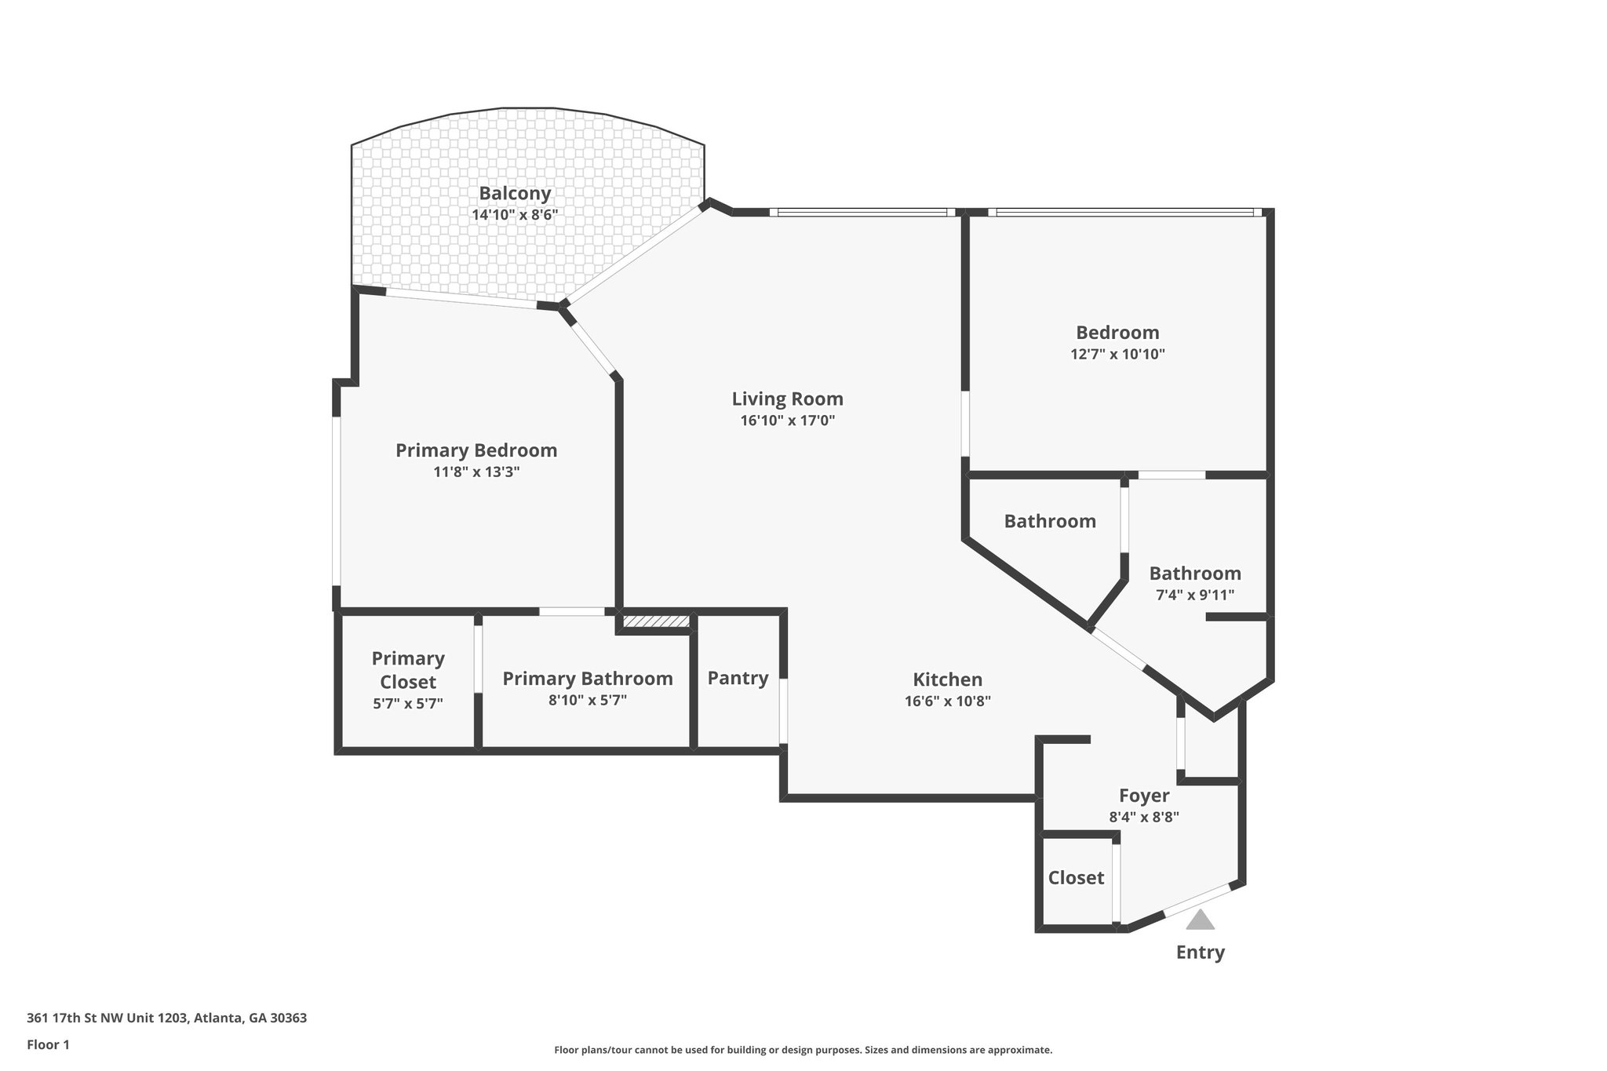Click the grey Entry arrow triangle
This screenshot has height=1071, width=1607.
click(x=1200, y=921)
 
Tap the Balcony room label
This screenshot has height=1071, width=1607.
click(x=515, y=193)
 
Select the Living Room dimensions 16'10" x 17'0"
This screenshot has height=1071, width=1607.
click(x=787, y=421)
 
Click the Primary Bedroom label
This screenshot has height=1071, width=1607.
click(x=476, y=450)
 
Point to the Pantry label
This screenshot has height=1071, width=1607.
click(x=738, y=678)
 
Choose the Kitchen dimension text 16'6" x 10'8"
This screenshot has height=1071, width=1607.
click(x=947, y=701)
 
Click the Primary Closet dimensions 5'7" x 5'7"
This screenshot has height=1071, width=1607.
click(x=407, y=704)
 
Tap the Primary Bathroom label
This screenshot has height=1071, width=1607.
click(x=587, y=679)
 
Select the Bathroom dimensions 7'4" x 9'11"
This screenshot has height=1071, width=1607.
click(x=1194, y=595)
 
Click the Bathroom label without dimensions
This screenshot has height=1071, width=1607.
click(x=1050, y=521)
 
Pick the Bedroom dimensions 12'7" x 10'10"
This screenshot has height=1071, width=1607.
click(x=1117, y=354)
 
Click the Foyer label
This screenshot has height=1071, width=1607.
click(x=1143, y=796)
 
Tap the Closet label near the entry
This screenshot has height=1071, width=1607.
click(x=1076, y=878)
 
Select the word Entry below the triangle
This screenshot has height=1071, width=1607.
click(x=1200, y=953)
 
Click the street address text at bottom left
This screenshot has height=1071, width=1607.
click(x=166, y=1018)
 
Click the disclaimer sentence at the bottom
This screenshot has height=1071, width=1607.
click(x=803, y=1050)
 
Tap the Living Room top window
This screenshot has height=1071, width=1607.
click(x=862, y=212)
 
